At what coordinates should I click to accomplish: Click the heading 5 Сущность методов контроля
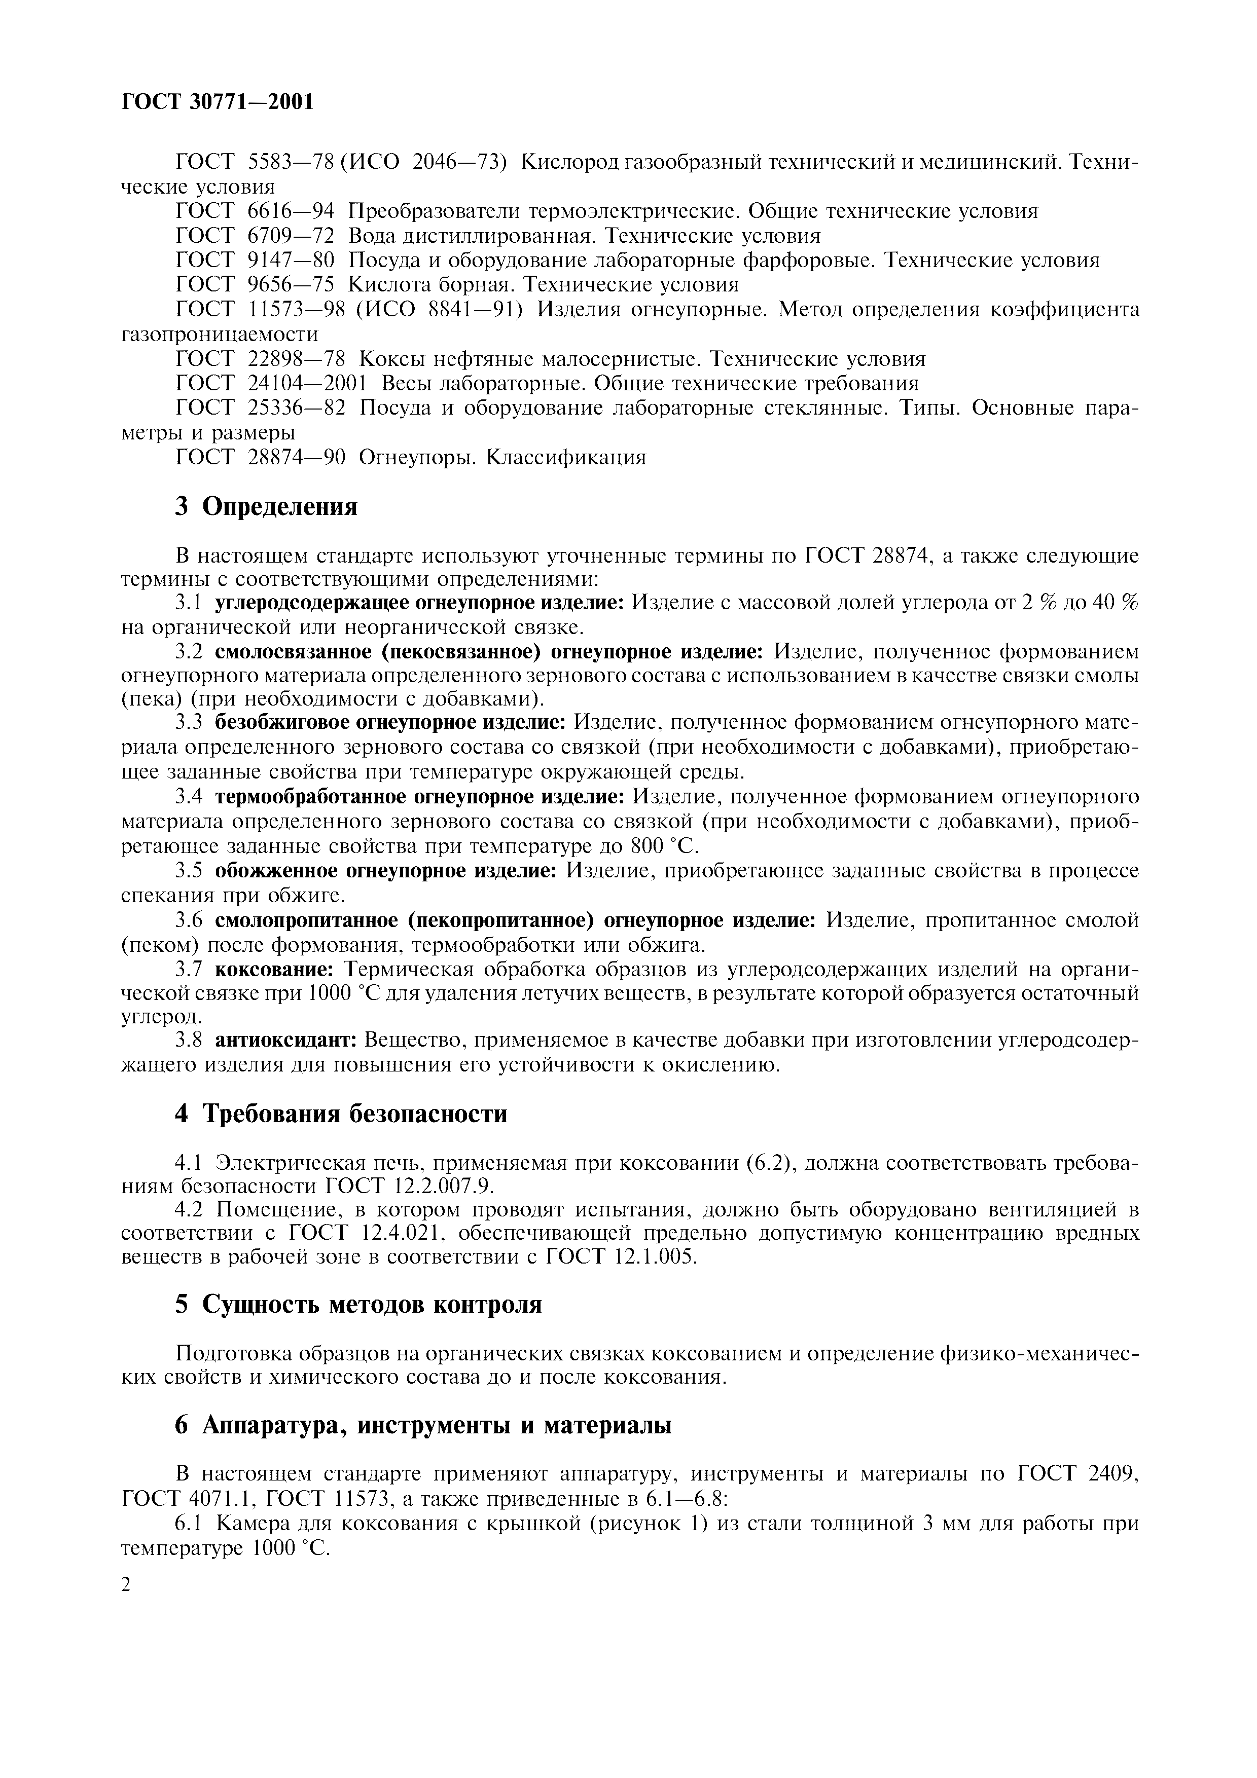click(x=358, y=1304)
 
